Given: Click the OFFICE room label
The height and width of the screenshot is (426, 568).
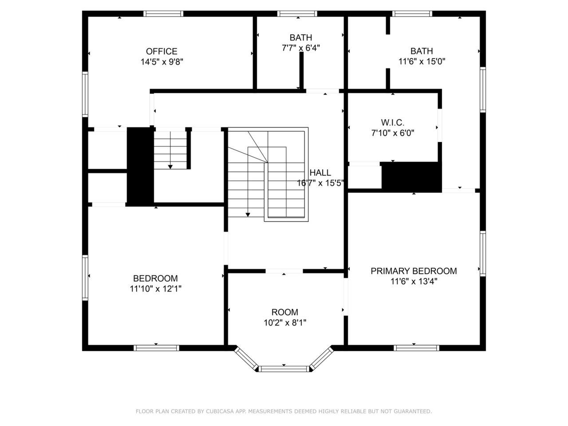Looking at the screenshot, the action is (162, 51).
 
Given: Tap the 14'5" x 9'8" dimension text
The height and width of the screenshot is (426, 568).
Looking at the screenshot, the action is (162, 62).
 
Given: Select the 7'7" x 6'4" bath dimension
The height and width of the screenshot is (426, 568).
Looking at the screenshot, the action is (301, 48).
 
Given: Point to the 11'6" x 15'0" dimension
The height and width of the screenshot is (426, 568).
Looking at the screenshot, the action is (422, 62).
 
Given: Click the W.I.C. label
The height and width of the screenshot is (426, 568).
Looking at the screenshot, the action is (393, 122).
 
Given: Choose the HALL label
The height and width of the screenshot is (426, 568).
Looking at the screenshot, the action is (320, 173).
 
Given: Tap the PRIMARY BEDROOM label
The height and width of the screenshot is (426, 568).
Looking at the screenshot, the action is (414, 271).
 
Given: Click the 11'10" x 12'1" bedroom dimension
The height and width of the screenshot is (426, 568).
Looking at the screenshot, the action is (155, 288).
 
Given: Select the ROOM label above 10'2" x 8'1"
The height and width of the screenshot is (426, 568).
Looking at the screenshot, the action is (284, 312).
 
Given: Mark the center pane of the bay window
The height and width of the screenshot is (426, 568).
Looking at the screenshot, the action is (284, 369).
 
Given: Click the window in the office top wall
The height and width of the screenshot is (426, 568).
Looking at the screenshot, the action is (163, 14).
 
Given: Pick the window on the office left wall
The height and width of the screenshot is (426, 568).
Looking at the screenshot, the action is (85, 94).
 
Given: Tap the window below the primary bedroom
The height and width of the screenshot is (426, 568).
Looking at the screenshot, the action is (416, 348).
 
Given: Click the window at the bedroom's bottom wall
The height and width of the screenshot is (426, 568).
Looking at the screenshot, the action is (156, 348).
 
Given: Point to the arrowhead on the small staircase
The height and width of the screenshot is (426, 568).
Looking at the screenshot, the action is (170, 167).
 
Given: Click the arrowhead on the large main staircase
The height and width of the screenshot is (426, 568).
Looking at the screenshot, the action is (248, 215).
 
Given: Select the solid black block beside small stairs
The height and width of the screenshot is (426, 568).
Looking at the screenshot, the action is (140, 167).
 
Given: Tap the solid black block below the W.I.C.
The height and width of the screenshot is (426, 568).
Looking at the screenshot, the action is (411, 177).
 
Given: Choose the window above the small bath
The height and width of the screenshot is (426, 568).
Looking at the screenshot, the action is (297, 14).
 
